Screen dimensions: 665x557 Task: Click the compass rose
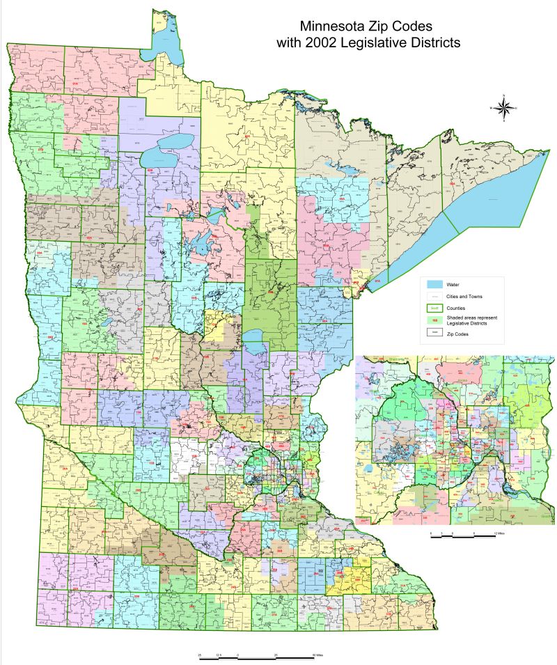pos(503,107)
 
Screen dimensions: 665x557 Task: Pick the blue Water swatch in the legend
pos(434,285)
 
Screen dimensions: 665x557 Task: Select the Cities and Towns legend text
pos(463,297)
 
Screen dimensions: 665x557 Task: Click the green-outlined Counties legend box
pos(434,308)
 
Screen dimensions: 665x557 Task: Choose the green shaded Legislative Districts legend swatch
pos(434,320)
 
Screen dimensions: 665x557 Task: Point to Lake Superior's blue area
pos(487,191)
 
